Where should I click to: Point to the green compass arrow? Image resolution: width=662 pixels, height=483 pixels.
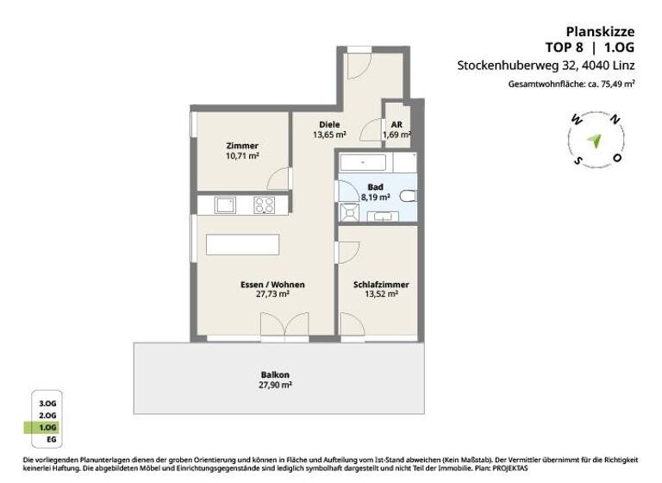click(593, 140)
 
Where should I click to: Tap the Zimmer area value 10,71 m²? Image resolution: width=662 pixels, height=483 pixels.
click(242, 157)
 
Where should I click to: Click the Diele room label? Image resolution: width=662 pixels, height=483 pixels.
click(328, 124)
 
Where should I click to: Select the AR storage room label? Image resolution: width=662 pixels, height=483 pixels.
click(396, 124)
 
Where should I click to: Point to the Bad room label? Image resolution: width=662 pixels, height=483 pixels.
click(375, 186)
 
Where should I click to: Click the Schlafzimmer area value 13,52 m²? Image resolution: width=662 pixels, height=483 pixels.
click(380, 294)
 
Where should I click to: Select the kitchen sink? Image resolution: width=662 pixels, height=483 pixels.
click(225, 205)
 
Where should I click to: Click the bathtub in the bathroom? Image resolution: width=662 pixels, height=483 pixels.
click(362, 162)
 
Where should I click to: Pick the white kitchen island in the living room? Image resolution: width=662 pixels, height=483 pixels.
click(243, 244)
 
